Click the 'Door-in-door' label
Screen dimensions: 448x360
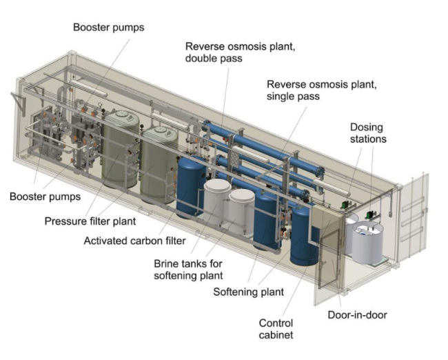click(357, 314)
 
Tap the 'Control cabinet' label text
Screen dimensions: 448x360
click(276, 329)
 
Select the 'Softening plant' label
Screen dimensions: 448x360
click(249, 292)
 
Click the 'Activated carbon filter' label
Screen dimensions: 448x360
click(134, 241)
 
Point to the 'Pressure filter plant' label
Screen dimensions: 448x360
click(90, 221)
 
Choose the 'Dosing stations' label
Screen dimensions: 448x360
click(368, 133)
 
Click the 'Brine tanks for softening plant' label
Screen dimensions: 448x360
click(188, 270)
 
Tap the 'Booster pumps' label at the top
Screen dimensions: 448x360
click(109, 28)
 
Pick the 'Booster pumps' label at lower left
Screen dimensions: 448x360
click(45, 197)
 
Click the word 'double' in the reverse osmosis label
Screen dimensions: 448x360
click(201, 59)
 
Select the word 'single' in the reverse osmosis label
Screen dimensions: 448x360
click(281, 97)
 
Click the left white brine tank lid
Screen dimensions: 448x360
click(217, 186)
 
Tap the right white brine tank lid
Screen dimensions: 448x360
click(242, 196)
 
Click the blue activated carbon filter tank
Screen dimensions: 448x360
click(191, 187)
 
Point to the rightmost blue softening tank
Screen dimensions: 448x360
click(304, 236)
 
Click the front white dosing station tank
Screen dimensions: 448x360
click(367, 243)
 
